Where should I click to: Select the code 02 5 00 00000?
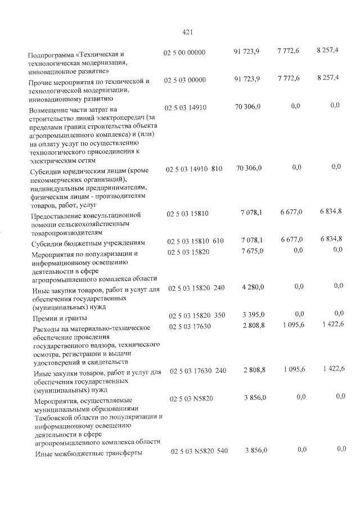tap(185, 52)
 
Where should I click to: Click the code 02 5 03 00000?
tap(185, 80)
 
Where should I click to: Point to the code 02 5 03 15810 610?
tap(195, 241)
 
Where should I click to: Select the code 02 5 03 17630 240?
tap(198, 371)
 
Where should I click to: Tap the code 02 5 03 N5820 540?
tap(199, 451)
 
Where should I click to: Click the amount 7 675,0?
tap(251, 251)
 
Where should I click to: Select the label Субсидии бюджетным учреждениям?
tap(89, 243)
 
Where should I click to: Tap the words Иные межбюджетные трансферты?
tap(88, 453)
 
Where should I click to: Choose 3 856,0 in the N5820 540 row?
tap(256, 451)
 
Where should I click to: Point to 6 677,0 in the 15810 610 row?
tap(291, 239)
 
